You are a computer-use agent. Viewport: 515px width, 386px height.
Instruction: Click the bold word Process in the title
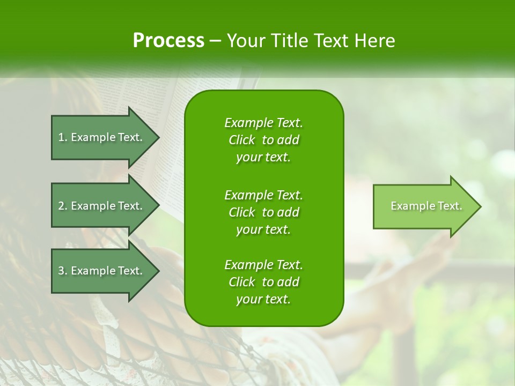tap(168, 41)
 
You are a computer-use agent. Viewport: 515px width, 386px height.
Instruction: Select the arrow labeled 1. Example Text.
tap(102, 137)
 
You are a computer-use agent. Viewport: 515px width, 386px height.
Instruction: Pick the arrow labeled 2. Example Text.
tap(102, 206)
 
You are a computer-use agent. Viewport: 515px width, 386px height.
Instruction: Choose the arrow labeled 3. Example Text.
tap(102, 271)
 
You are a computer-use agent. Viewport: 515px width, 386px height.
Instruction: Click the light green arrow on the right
tap(424, 206)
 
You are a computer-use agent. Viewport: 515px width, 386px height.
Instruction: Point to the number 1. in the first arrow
tap(63, 137)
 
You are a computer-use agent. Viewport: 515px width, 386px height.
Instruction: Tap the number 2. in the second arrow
tap(63, 206)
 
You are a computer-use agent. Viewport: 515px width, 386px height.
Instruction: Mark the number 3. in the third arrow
tap(63, 271)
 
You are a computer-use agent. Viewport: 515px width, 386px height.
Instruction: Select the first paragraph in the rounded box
tap(263, 140)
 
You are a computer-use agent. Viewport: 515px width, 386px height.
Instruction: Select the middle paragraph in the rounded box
tap(263, 212)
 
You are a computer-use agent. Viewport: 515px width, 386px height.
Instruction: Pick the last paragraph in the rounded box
tap(263, 282)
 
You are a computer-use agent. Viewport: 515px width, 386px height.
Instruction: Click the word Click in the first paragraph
tap(242, 140)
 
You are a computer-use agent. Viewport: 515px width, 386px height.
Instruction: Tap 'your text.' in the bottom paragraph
tap(263, 300)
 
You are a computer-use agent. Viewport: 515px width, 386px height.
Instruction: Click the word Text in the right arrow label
tap(450, 206)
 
